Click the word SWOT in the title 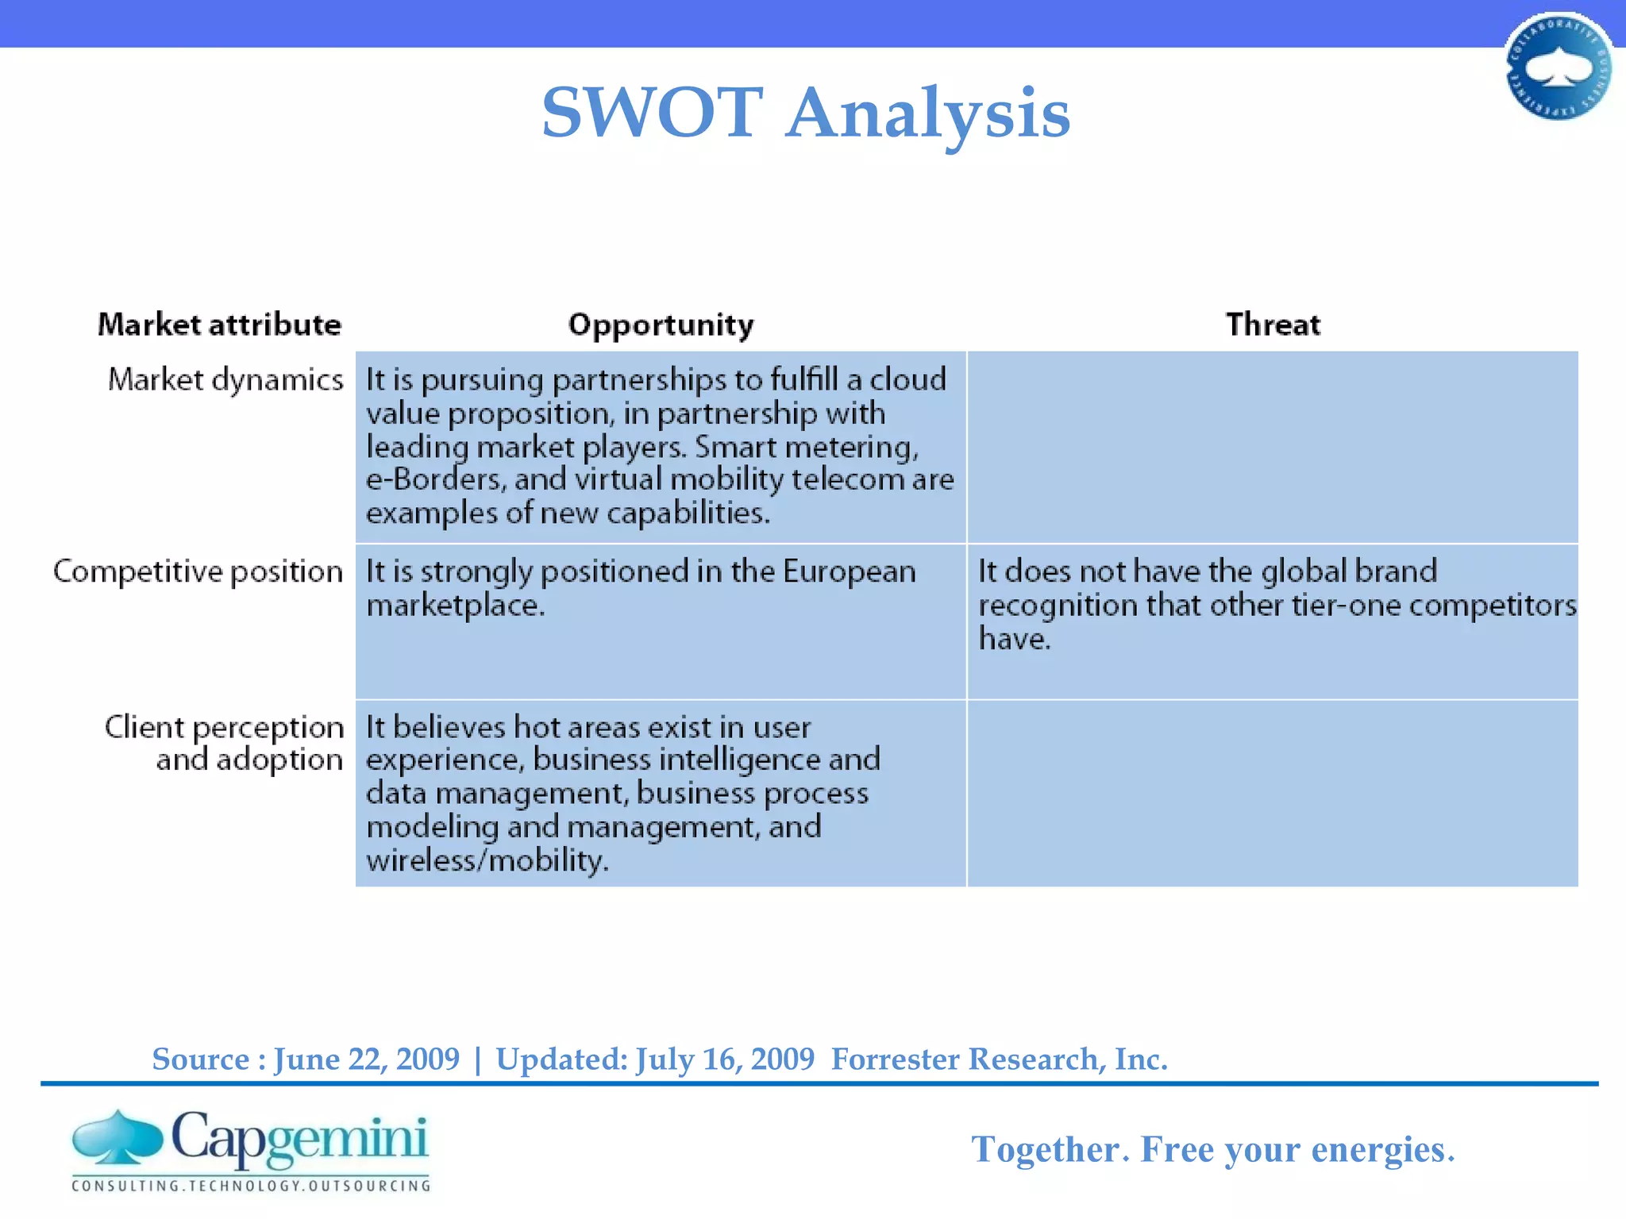652,113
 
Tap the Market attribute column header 219,325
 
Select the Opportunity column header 661,325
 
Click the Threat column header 1273,325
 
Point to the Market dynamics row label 225,380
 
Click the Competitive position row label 198,572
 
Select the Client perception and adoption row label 225,744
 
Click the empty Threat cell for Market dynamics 1272,447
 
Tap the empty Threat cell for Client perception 1272,793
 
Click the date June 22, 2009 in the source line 367,1059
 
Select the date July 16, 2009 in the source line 725,1059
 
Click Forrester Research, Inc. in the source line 999,1059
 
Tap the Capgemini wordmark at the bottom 299,1139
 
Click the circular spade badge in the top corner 1559,67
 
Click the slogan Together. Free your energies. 1212,1149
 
